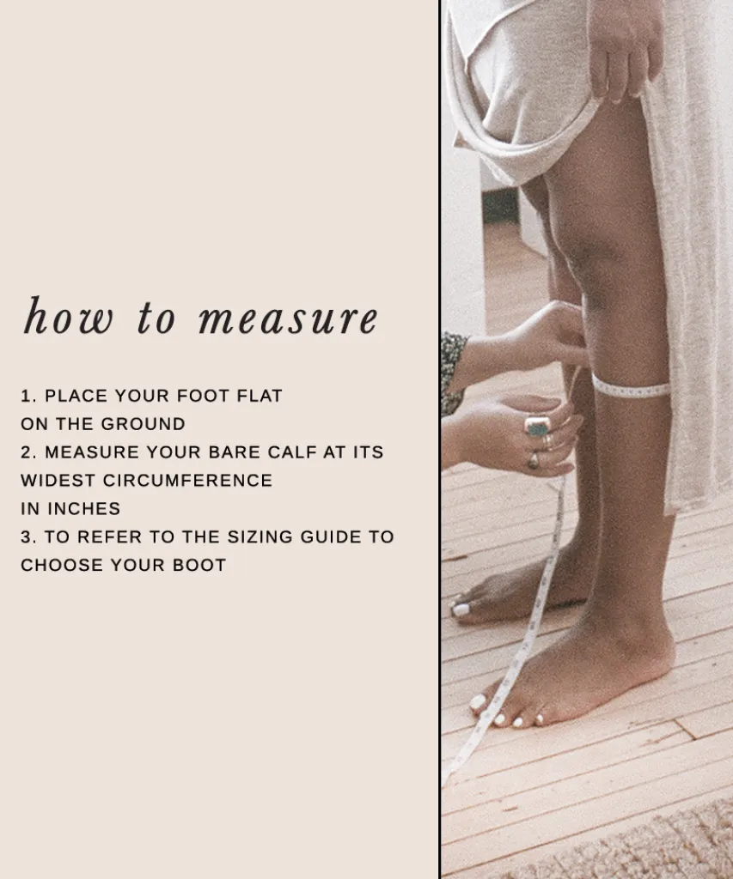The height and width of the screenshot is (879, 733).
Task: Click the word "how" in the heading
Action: [68, 317]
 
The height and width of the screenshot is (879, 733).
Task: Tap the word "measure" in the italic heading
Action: [289, 318]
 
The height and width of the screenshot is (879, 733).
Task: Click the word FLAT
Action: [260, 396]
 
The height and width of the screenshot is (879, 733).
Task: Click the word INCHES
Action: [83, 508]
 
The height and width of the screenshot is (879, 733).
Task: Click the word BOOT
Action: [199, 565]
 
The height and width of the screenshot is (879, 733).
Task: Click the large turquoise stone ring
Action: [537, 427]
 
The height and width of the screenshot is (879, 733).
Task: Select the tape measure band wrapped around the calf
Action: [630, 387]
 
